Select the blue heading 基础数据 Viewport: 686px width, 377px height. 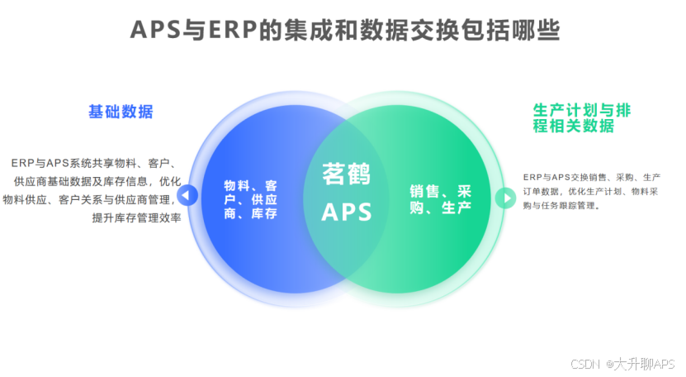click(x=121, y=112)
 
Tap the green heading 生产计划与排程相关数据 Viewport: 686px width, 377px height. click(x=575, y=117)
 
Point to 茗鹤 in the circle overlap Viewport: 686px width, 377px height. click(x=346, y=174)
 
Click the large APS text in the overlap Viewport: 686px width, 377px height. click(x=346, y=212)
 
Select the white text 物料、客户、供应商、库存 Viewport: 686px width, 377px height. click(x=250, y=199)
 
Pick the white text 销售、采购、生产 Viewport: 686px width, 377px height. click(x=441, y=199)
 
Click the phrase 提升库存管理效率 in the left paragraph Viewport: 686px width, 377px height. click(x=136, y=218)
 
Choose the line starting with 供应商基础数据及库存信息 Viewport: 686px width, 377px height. click(x=97, y=181)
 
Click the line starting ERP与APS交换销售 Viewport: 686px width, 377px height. click(x=591, y=176)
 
